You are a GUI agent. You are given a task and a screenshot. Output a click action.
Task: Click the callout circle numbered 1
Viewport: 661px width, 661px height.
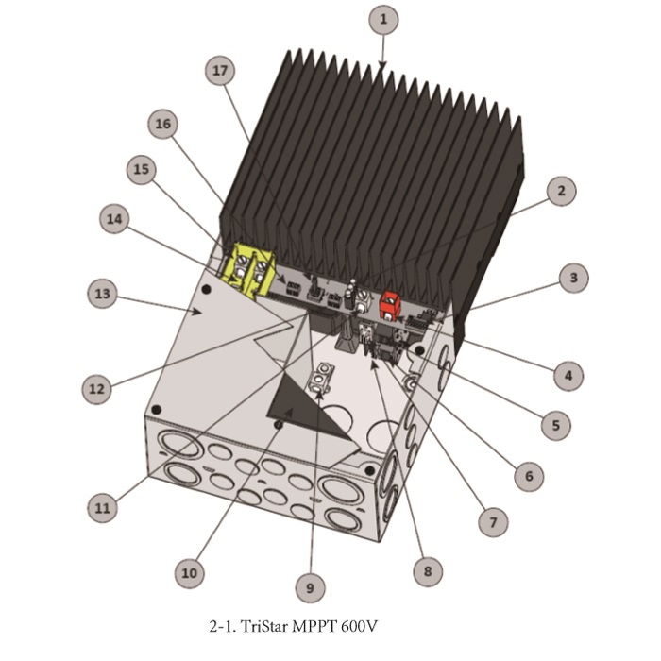(383, 20)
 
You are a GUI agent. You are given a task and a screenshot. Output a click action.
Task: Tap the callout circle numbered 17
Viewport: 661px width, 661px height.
(220, 71)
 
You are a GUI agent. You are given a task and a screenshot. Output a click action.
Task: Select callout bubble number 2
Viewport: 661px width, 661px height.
(562, 191)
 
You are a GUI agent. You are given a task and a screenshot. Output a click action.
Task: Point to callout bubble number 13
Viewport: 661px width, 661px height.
(102, 294)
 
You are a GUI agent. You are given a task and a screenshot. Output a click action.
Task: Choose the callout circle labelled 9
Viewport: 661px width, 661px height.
(311, 587)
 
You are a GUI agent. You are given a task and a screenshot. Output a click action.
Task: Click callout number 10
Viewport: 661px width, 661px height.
(189, 573)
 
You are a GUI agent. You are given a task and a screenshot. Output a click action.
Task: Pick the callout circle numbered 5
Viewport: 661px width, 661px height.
(556, 425)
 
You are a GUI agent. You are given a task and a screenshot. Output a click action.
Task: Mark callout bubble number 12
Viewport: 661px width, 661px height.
(97, 389)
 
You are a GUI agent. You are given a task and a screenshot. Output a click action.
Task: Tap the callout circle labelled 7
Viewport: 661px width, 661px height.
(493, 522)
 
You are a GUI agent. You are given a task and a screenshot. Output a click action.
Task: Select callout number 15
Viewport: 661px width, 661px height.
(142, 169)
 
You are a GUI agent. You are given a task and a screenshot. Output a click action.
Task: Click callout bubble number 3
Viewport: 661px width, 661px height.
(574, 278)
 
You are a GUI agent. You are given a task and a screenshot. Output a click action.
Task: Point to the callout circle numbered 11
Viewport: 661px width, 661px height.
(102, 508)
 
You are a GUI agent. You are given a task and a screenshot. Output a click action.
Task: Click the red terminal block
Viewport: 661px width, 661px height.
(389, 305)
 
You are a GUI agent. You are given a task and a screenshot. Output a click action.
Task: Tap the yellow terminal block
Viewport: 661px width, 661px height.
(248, 270)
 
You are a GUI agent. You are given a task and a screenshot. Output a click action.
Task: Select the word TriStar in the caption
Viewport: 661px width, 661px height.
(264, 626)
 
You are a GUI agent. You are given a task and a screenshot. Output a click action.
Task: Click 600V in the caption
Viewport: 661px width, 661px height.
(360, 626)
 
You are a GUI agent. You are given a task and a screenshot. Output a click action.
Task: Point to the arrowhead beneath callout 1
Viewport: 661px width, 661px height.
(381, 65)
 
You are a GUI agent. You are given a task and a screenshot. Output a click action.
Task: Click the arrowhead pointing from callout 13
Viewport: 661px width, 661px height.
(195, 312)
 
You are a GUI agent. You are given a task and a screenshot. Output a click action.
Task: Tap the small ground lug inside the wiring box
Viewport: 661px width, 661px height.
(321, 377)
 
